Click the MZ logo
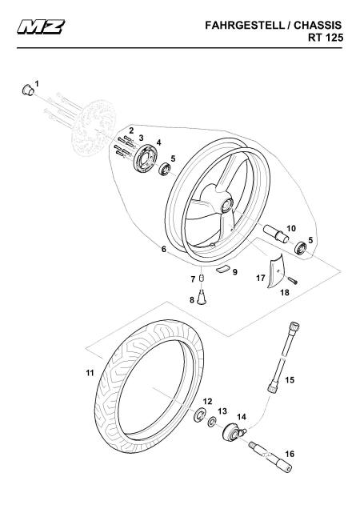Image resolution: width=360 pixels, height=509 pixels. coord(42,26)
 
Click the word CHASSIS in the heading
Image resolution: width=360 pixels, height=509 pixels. coord(318,26)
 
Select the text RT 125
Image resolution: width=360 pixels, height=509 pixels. coord(326,38)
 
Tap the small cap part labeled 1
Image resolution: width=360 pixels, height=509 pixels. coord(28,90)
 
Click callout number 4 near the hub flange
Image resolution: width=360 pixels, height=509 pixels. coord(158,142)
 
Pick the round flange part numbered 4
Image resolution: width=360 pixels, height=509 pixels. coord(146,158)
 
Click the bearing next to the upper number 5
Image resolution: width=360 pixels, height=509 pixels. coord(165,170)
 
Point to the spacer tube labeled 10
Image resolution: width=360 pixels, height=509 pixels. coord(276,234)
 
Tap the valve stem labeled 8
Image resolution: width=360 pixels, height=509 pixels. coord(202,297)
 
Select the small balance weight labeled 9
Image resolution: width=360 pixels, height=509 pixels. coord(223,269)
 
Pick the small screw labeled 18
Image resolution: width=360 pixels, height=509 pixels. coord(293,279)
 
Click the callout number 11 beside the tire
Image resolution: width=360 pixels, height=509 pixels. coord(90,373)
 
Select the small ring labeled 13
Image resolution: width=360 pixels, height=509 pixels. coord(213,422)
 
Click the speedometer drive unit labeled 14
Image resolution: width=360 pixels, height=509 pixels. coord(234,431)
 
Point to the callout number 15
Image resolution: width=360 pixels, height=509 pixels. coord(290,380)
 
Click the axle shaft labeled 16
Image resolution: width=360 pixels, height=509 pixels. coord(270,457)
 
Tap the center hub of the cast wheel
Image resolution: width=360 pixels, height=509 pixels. coord(226,204)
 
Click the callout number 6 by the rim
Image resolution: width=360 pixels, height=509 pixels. coord(164,249)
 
